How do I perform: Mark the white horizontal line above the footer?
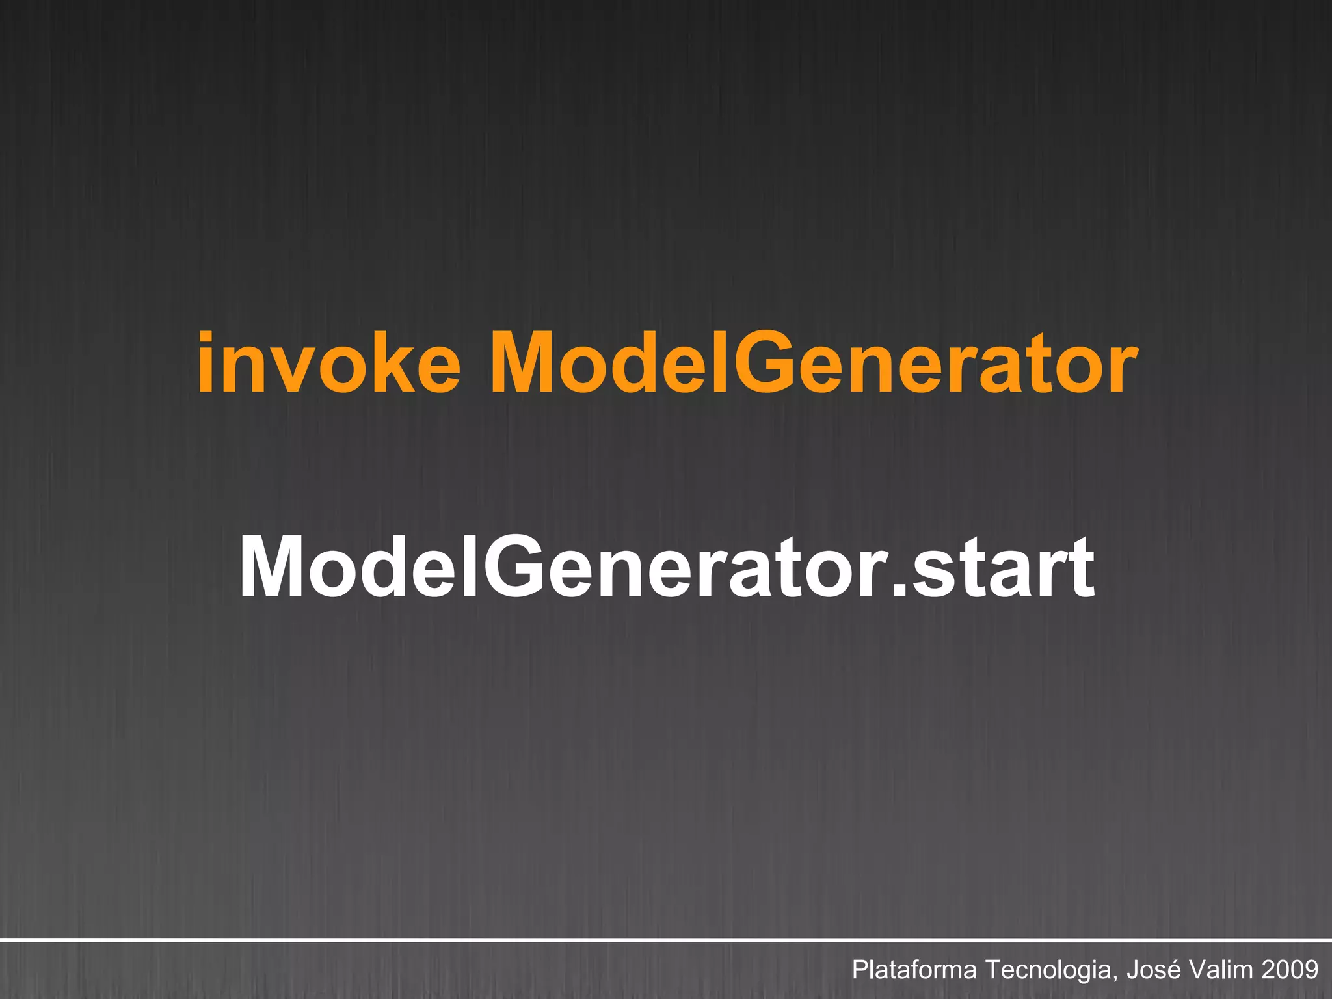pyautogui.click(x=666, y=940)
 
